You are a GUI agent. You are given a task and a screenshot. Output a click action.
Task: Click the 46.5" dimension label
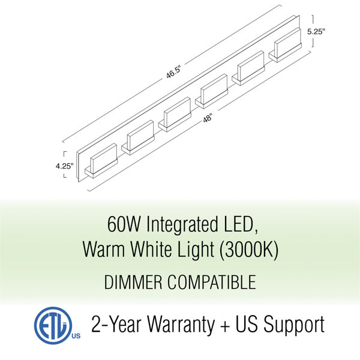[x=174, y=72]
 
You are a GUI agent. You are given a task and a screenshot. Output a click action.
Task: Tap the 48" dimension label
[x=208, y=119]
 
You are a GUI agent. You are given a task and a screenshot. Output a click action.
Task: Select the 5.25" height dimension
[x=316, y=32]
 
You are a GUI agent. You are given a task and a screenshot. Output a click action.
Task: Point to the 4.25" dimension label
[x=65, y=166]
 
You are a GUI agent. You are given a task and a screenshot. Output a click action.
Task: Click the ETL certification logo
[x=53, y=325]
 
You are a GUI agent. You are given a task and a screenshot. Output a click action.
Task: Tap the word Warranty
[x=181, y=325]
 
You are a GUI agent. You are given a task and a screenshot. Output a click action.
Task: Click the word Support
[x=294, y=325]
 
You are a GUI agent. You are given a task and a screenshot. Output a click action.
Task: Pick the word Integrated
[x=182, y=226]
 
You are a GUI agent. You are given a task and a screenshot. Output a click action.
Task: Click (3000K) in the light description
[x=249, y=250]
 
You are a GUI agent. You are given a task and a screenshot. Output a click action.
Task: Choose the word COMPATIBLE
[x=211, y=282]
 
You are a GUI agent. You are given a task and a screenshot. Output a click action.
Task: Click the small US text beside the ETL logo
[x=76, y=336]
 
